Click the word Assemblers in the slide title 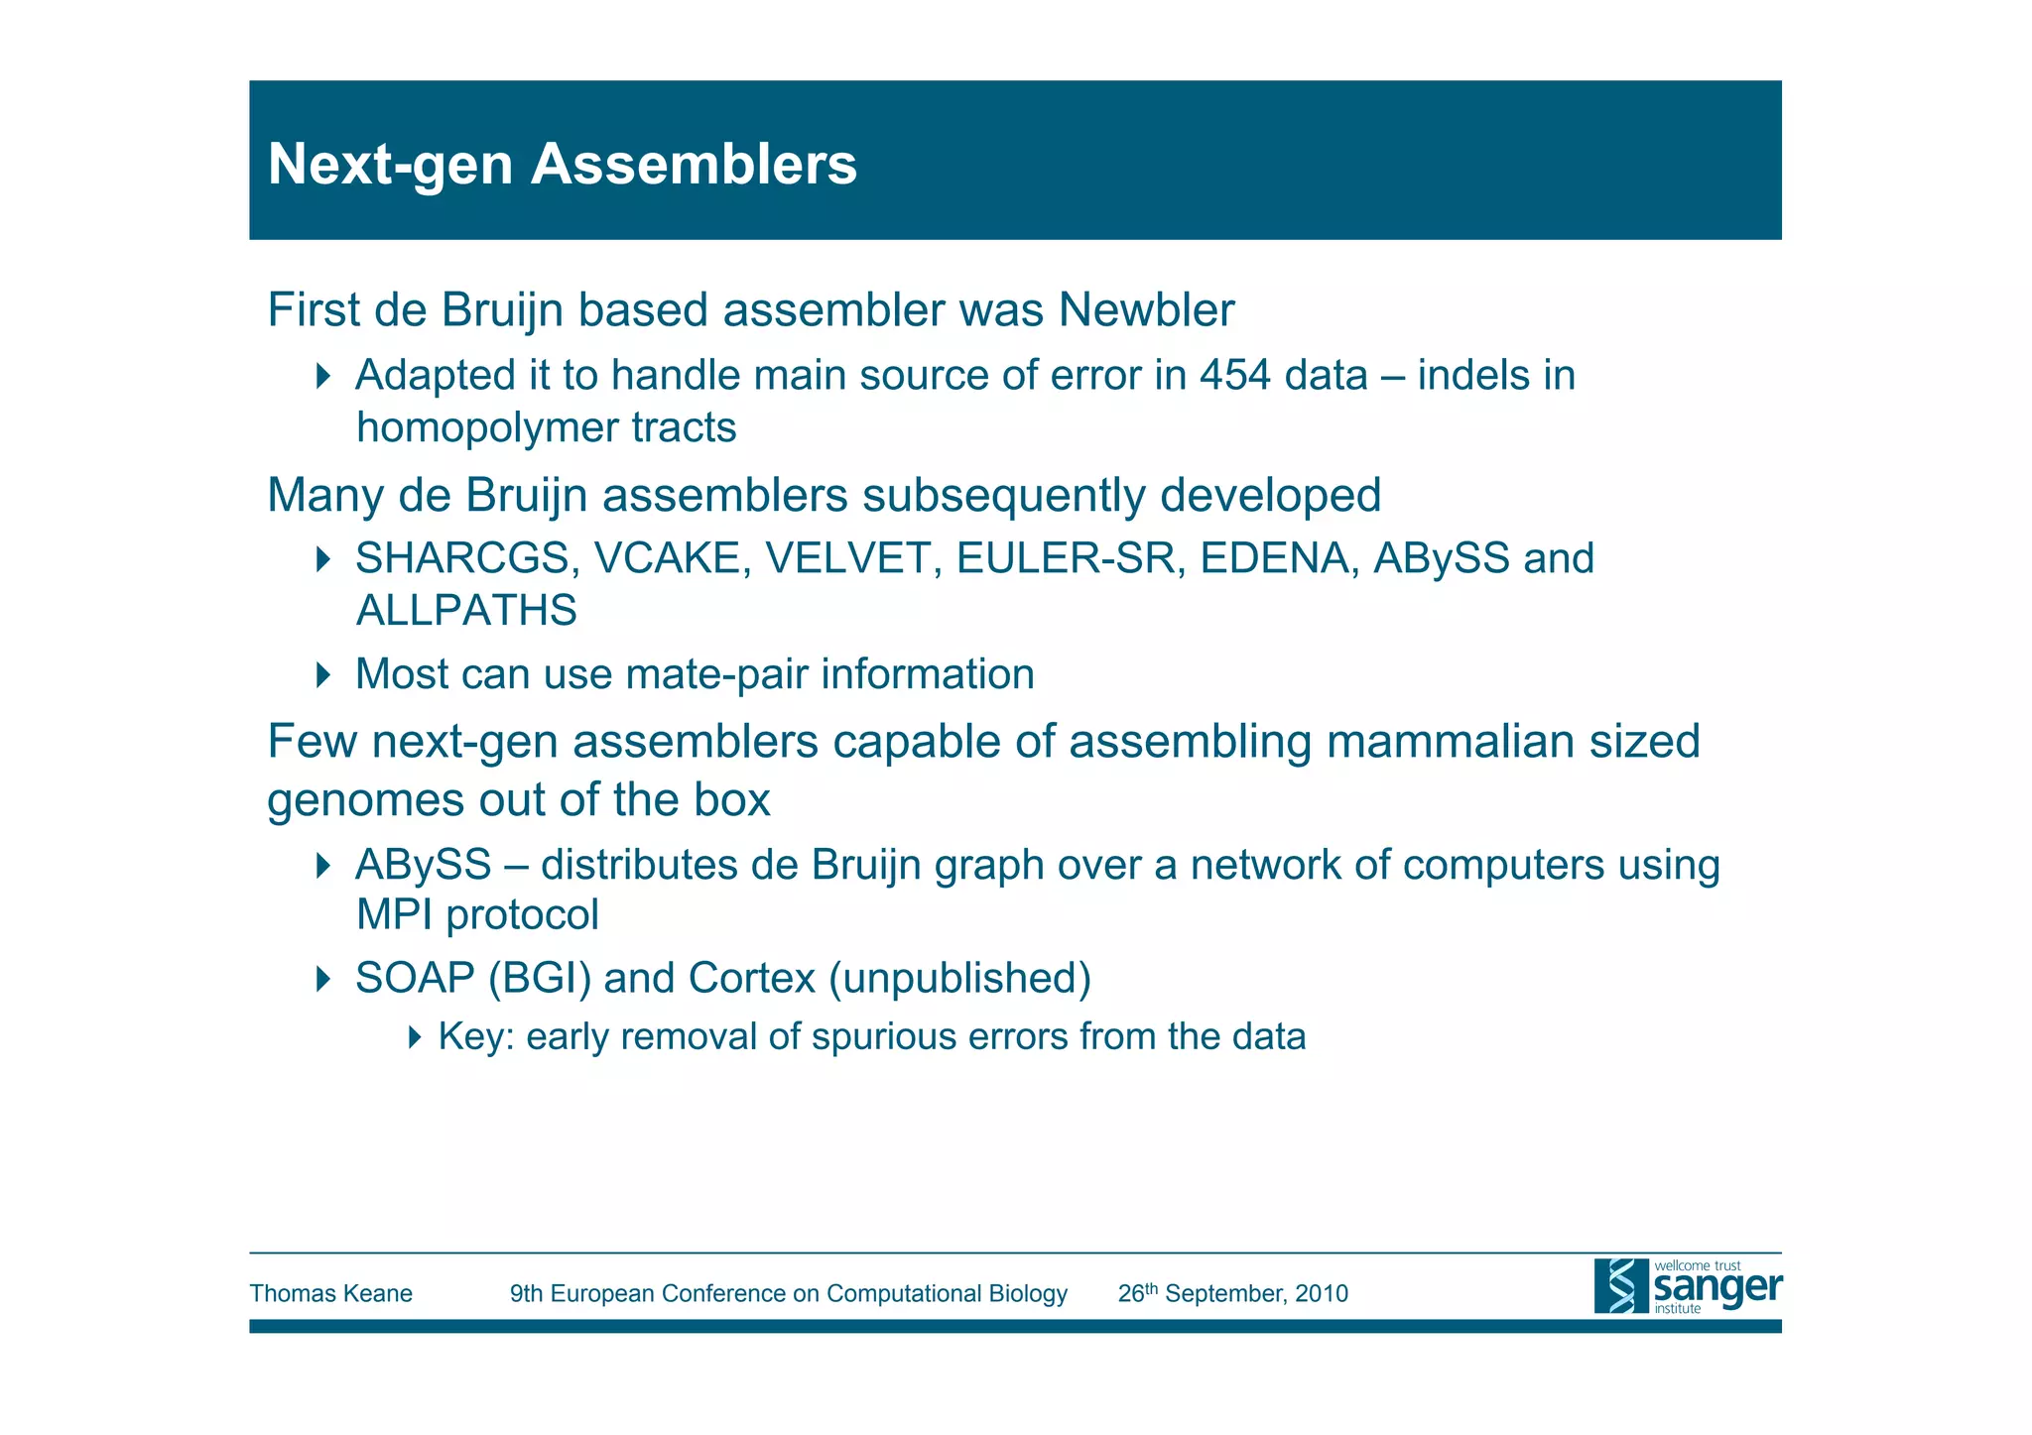coord(694,164)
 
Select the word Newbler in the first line coord(1146,310)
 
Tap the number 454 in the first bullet coord(1235,376)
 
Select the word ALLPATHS coord(466,611)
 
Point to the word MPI coord(395,914)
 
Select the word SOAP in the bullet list coord(415,979)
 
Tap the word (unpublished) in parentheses coord(959,979)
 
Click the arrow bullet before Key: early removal coord(415,1037)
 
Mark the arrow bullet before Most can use coord(322,674)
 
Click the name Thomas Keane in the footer coord(330,1294)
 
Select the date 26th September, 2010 coord(1232,1293)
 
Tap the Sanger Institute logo coord(1687,1286)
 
